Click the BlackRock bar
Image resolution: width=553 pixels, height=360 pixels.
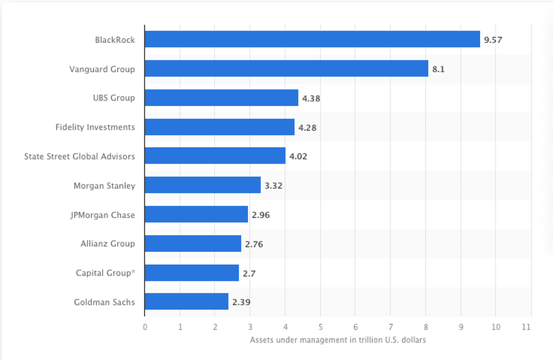[312, 40]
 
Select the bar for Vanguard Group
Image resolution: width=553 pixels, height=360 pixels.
[286, 69]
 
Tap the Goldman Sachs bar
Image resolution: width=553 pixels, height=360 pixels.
[187, 301]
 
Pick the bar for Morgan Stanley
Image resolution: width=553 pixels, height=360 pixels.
[202, 186]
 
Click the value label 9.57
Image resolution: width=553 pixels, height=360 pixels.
[493, 40]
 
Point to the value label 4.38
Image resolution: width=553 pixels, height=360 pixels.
[311, 98]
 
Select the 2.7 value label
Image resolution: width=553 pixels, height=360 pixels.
[249, 273]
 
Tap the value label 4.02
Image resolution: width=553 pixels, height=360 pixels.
[299, 157]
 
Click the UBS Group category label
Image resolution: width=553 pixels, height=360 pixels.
[114, 98]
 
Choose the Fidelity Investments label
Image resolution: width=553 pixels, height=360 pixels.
[95, 127]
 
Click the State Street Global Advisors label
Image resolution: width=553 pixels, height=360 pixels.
[79, 156]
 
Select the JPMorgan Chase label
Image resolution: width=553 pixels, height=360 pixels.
[102, 215]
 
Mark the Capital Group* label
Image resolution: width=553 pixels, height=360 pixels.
[105, 273]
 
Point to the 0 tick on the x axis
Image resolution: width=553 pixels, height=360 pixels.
[145, 327]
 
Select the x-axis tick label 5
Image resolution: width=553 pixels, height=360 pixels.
[320, 327]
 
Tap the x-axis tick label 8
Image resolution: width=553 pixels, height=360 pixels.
[425, 327]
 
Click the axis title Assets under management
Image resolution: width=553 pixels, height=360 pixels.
[338, 340]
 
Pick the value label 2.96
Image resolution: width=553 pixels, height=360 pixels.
[261, 215]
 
